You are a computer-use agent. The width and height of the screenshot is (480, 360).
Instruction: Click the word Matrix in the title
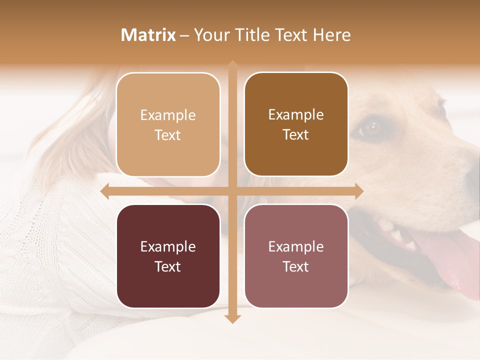click(148, 35)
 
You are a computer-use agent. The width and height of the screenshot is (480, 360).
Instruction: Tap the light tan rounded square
click(168, 124)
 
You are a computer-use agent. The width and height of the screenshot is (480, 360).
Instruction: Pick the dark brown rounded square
click(296, 124)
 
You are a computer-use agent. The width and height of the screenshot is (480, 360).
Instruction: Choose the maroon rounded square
click(168, 256)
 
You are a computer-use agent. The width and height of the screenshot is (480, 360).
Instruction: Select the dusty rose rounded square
click(296, 256)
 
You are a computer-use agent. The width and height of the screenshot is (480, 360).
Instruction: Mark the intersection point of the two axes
click(232, 191)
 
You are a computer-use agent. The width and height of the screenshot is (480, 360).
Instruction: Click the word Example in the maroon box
click(168, 246)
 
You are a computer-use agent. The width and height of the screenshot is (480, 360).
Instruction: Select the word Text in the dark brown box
click(296, 135)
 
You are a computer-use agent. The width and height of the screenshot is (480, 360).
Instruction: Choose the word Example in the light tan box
click(168, 115)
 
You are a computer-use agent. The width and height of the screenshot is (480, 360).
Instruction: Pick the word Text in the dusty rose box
click(296, 266)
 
